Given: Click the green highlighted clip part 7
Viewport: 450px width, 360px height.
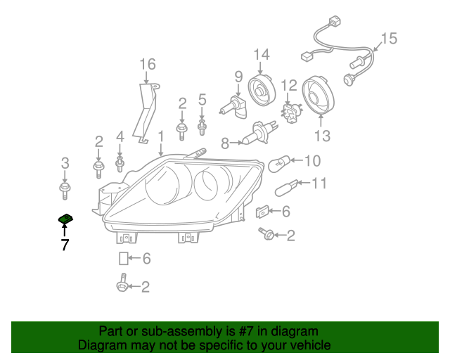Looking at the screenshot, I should pyautogui.click(x=65, y=220).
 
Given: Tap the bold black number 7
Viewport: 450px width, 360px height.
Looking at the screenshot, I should pyautogui.click(x=65, y=245).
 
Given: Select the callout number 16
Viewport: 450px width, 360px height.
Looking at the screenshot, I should pyautogui.click(x=146, y=65).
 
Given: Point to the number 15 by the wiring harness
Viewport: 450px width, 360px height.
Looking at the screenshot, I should pyautogui.click(x=389, y=38).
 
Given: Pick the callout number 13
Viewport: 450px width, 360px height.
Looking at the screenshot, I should pyautogui.click(x=321, y=136).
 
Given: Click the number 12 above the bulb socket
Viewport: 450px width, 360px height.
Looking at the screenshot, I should pyautogui.click(x=289, y=86).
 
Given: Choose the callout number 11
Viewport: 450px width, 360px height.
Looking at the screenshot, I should pyautogui.click(x=319, y=184).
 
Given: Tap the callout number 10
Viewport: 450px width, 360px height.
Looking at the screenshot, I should pyautogui.click(x=311, y=160).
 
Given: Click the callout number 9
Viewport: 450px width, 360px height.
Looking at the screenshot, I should pyautogui.click(x=238, y=77).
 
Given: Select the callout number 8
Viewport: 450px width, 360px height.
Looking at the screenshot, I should pyautogui.click(x=225, y=143).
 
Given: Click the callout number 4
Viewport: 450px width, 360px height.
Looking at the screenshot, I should pyautogui.click(x=120, y=136).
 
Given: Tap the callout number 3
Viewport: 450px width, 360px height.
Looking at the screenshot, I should pyautogui.click(x=65, y=163).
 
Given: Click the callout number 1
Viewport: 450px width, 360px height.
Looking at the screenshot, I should pyautogui.click(x=160, y=135).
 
